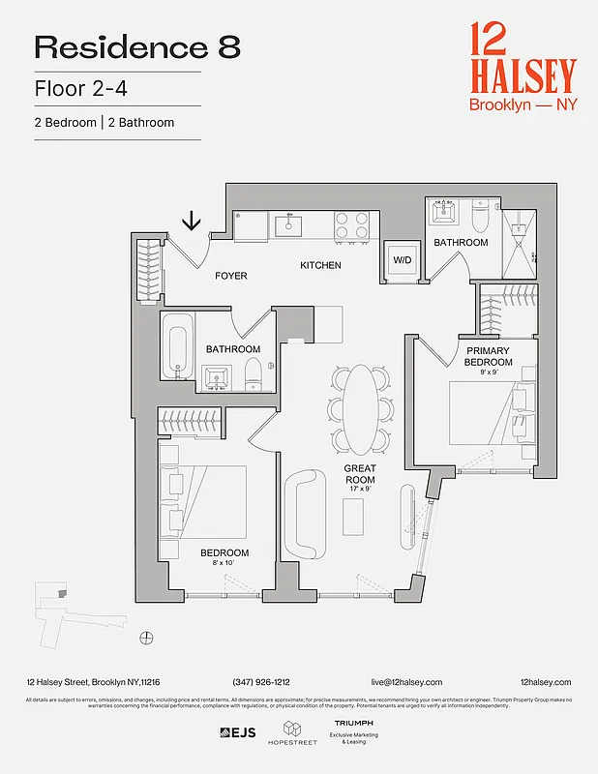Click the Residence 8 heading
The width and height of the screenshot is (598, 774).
136,46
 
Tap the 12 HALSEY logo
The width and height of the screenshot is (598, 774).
523,66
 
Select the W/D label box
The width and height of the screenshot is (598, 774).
400,259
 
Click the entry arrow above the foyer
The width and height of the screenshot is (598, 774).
192,221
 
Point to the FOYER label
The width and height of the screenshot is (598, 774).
231,276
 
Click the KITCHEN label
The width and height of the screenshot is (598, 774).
320,265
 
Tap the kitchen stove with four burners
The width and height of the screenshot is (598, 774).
352,225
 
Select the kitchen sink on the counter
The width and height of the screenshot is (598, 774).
287,225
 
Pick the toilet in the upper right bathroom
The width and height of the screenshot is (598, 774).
482,214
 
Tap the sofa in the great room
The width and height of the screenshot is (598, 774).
309,513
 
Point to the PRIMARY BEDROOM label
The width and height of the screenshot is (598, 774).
489,356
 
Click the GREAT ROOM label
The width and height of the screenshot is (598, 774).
360,474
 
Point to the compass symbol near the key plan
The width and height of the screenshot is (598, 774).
146,636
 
